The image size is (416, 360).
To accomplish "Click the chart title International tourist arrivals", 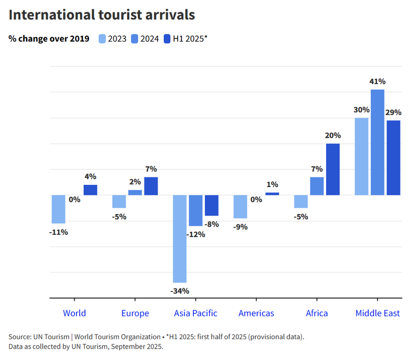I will point(102,15).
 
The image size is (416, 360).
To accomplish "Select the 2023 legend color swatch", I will point(102,38).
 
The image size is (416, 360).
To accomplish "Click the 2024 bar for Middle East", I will point(378,142).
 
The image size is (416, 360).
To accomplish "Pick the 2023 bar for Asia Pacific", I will point(180,238).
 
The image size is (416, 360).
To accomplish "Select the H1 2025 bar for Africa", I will point(333,169).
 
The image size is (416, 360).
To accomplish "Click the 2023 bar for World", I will point(59,209).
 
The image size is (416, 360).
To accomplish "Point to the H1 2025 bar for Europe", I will point(151,186).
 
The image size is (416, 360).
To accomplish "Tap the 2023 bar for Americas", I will point(240,206).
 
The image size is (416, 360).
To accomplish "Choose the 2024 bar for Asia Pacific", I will point(196,210).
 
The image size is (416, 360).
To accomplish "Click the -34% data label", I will point(180,290).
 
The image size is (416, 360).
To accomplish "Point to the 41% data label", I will point(378,82).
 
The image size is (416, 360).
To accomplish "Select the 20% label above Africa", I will point(333,136).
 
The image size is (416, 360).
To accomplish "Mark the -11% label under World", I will point(59,232).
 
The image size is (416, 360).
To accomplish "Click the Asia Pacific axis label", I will point(196,313).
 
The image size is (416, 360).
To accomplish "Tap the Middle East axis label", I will point(378,313).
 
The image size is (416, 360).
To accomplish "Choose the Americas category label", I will point(256,313).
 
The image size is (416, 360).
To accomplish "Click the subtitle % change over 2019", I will point(49,38).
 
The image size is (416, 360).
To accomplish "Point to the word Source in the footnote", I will point(20,337).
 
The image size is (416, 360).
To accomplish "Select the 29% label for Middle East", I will point(393,112).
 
